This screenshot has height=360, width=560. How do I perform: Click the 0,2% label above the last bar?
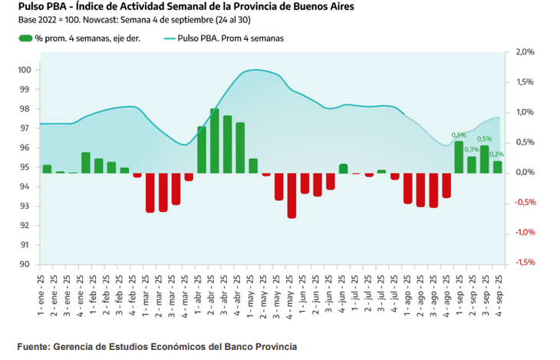click(496, 154)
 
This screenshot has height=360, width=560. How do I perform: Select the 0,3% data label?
click(471, 150)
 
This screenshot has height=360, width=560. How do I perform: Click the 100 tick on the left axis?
click(24, 70)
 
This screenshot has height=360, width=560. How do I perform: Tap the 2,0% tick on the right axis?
click(525, 52)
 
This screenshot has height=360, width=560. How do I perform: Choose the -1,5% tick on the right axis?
click(525, 262)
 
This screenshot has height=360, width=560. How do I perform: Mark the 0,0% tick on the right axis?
click(525, 172)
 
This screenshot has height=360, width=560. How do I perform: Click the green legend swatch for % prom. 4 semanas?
click(25, 38)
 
